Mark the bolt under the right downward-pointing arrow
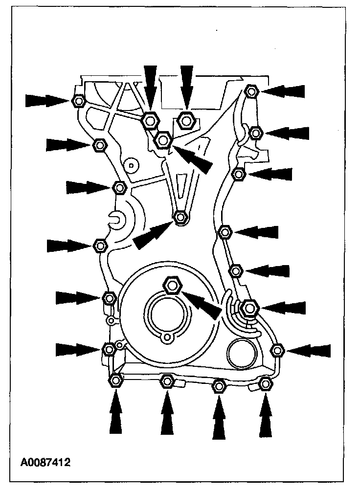(186, 119)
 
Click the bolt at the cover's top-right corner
(251, 91)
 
